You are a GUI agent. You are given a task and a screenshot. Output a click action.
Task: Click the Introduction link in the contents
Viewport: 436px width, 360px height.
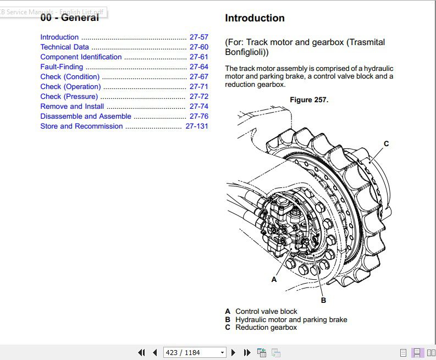coord(59,37)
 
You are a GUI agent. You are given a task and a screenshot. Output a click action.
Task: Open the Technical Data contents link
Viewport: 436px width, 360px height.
coord(64,47)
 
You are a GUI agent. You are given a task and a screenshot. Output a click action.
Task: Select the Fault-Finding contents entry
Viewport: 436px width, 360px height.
coord(62,67)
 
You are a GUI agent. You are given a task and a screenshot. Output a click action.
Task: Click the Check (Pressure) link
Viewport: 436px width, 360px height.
coord(69,97)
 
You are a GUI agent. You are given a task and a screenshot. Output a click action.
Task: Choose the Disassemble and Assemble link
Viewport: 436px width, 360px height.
coord(86,116)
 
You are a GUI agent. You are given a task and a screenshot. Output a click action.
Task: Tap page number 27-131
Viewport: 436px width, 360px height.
coord(197,126)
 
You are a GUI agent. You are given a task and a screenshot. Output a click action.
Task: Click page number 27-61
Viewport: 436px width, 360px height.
coord(199,57)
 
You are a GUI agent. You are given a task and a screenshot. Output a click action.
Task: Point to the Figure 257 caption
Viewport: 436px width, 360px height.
coord(309,100)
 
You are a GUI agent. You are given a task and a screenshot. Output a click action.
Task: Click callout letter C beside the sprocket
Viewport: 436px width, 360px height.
coord(386,143)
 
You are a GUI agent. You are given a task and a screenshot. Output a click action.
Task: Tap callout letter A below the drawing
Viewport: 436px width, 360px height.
coord(274,279)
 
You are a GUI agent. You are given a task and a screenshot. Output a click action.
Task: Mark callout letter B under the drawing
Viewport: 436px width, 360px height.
coord(323,300)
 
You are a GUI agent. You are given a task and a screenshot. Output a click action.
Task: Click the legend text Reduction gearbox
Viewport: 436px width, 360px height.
coord(266,328)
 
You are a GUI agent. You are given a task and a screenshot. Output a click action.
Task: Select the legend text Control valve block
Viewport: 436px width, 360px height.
coord(266,311)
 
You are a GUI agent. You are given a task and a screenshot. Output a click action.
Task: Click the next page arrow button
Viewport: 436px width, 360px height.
coord(233,353)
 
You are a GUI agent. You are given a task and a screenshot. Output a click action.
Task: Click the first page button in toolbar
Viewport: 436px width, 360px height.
coord(141,353)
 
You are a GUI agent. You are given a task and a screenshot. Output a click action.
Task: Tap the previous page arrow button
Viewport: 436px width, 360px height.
coord(155,353)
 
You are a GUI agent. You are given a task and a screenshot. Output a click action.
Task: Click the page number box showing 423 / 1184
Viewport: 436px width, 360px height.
coord(195,353)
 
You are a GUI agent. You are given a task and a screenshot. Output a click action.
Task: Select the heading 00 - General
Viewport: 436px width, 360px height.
coord(69,18)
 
